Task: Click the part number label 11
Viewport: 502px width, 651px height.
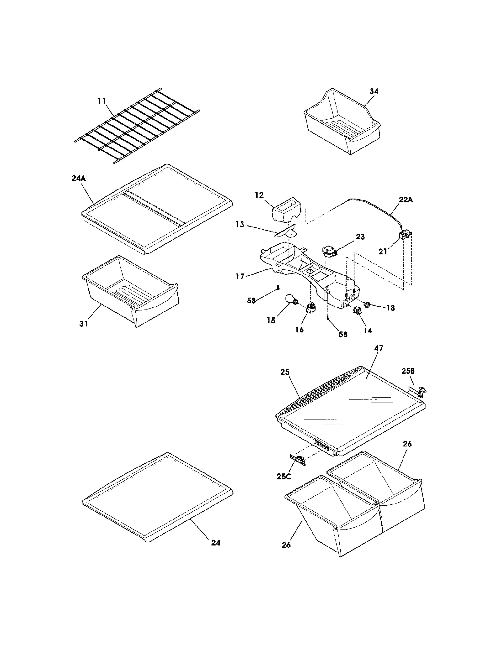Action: coord(102,101)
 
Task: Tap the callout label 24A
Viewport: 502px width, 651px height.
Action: coord(78,178)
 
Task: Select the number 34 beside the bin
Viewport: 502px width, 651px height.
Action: coord(374,91)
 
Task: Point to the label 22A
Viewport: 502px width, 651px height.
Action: coord(406,200)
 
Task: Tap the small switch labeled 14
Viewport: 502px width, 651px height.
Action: coord(357,311)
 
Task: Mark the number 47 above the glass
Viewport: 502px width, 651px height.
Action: coord(379,348)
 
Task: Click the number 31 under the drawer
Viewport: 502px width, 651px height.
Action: coord(84,323)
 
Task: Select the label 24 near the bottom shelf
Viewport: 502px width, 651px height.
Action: coord(216,542)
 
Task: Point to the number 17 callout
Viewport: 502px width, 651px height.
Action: coord(240,276)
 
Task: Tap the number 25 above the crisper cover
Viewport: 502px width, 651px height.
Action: coord(285,372)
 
